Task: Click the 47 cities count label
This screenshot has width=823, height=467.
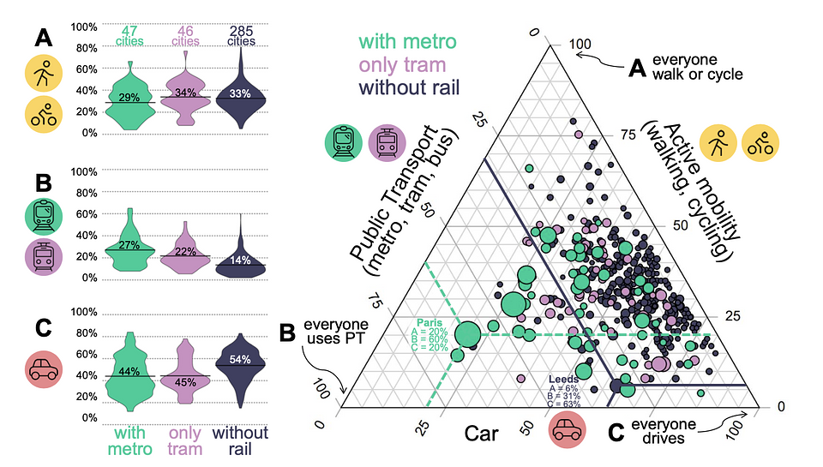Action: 130,37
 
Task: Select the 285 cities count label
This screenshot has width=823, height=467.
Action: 241,37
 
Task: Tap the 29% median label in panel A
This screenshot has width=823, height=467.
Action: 130,98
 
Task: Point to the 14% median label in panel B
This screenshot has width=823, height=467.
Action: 241,260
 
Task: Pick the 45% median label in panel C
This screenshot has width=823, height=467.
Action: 185,382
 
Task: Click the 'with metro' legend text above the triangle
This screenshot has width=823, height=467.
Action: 407,42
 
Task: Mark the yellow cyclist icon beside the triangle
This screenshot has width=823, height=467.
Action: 758,141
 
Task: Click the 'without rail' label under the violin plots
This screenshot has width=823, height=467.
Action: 241,440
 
